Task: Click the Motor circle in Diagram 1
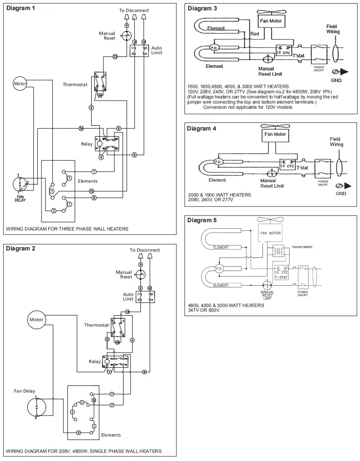[x=20, y=83]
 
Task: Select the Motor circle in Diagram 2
[x=36, y=320]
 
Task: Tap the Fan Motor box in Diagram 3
[x=271, y=21]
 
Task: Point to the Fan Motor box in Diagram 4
[x=275, y=134]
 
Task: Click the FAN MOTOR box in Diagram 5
[x=270, y=233]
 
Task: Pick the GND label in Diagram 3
[x=336, y=80]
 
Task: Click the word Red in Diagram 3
[x=254, y=34]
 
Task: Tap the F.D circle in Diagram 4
[x=217, y=162]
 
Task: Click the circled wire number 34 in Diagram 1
[x=81, y=128]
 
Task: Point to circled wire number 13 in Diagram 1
[x=115, y=56]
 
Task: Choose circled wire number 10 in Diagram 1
[x=91, y=191]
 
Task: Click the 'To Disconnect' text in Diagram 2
[x=144, y=250]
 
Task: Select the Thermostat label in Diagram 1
[x=75, y=84]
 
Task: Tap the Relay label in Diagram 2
[x=95, y=362]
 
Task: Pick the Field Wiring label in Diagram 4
[x=336, y=142]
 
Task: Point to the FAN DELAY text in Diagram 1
[x=20, y=198]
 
